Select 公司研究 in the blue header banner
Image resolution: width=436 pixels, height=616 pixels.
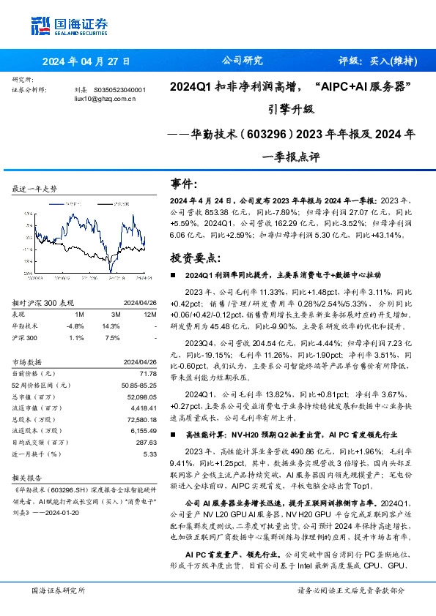pyautogui.click(x=241, y=61)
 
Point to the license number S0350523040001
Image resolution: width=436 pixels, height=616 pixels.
pyautogui.click(x=120, y=89)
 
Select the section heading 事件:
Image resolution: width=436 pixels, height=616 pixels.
pyautogui.click(x=184, y=183)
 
